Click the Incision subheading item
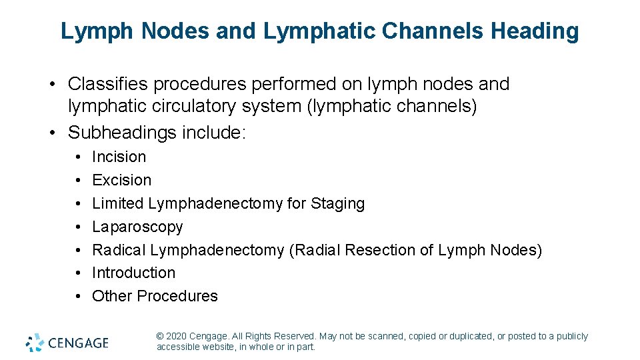[x=119, y=157]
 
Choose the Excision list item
[x=121, y=180]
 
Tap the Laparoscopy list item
[x=137, y=227]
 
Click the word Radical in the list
[x=119, y=250]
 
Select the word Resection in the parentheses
[x=374, y=250]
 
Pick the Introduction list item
[x=133, y=273]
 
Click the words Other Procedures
[x=155, y=296]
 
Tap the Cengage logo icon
[x=35, y=343]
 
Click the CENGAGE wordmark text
[x=79, y=343]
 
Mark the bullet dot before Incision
[x=78, y=157]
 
